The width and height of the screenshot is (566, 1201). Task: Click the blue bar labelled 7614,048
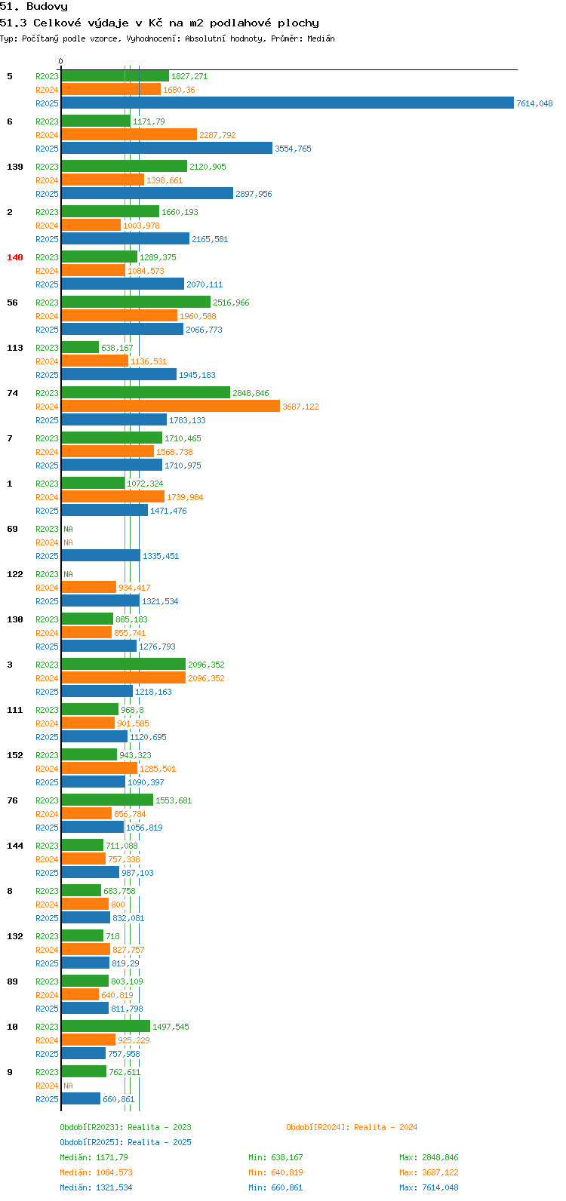point(288,103)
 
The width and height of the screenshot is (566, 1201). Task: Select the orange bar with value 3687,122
point(171,407)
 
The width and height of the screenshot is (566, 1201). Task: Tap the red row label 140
point(15,257)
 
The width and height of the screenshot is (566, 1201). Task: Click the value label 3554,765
point(293,149)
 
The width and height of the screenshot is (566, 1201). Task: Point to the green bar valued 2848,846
point(146,392)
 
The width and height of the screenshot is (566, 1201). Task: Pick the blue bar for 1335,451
point(101,555)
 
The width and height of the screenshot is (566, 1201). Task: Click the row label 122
point(15,573)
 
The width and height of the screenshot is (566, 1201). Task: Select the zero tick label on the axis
point(60,61)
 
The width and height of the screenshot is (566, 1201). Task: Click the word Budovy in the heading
point(48,7)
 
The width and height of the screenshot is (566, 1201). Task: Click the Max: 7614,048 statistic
point(429,1187)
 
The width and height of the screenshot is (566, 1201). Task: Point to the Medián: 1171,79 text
point(94,1157)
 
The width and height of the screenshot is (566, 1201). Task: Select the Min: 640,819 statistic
point(275,1172)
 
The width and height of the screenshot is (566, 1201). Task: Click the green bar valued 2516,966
point(137,302)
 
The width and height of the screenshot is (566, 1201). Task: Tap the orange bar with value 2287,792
point(129,134)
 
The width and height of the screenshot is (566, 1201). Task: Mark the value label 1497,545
point(171,1027)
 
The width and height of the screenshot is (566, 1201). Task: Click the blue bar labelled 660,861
point(81,1098)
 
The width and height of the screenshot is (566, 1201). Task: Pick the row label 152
point(15,755)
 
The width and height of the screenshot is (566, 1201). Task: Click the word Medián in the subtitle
point(321,38)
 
